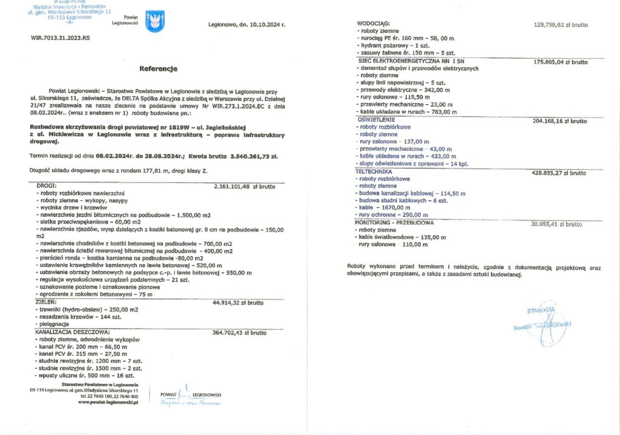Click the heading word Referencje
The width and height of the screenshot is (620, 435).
tap(158, 68)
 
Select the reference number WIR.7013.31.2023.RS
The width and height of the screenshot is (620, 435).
tap(60, 38)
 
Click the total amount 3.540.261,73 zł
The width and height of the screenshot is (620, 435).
tap(254, 156)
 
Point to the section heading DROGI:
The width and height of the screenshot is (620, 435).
tap(47, 185)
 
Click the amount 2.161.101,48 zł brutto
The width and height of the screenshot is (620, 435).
tap(240, 186)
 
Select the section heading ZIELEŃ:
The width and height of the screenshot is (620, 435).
tap(46, 301)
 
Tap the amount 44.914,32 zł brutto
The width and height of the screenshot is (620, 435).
tap(239, 302)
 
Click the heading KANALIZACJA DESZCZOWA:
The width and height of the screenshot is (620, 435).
tap(72, 332)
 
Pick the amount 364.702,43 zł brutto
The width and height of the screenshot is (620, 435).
tap(240, 333)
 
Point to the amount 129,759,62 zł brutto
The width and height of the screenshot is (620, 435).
tap(561, 25)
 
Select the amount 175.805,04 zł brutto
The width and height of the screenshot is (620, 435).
tap(560, 62)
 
